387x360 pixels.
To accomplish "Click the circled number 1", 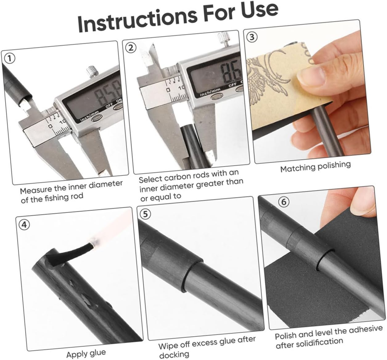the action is coord(9,59).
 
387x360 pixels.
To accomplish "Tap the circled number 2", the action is coord(130,48).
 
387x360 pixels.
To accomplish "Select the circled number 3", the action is coord(252,37).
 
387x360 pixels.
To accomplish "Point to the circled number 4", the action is coord(24,225).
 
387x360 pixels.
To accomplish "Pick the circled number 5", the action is coord(145,214).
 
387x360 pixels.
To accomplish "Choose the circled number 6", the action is coord(284,202).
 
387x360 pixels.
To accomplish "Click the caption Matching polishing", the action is coord(315,166).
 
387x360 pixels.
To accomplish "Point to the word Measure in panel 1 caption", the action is coord(36,190).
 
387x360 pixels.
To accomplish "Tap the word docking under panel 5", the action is coord(174,354).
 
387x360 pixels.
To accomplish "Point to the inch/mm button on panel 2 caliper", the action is coord(217,96).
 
